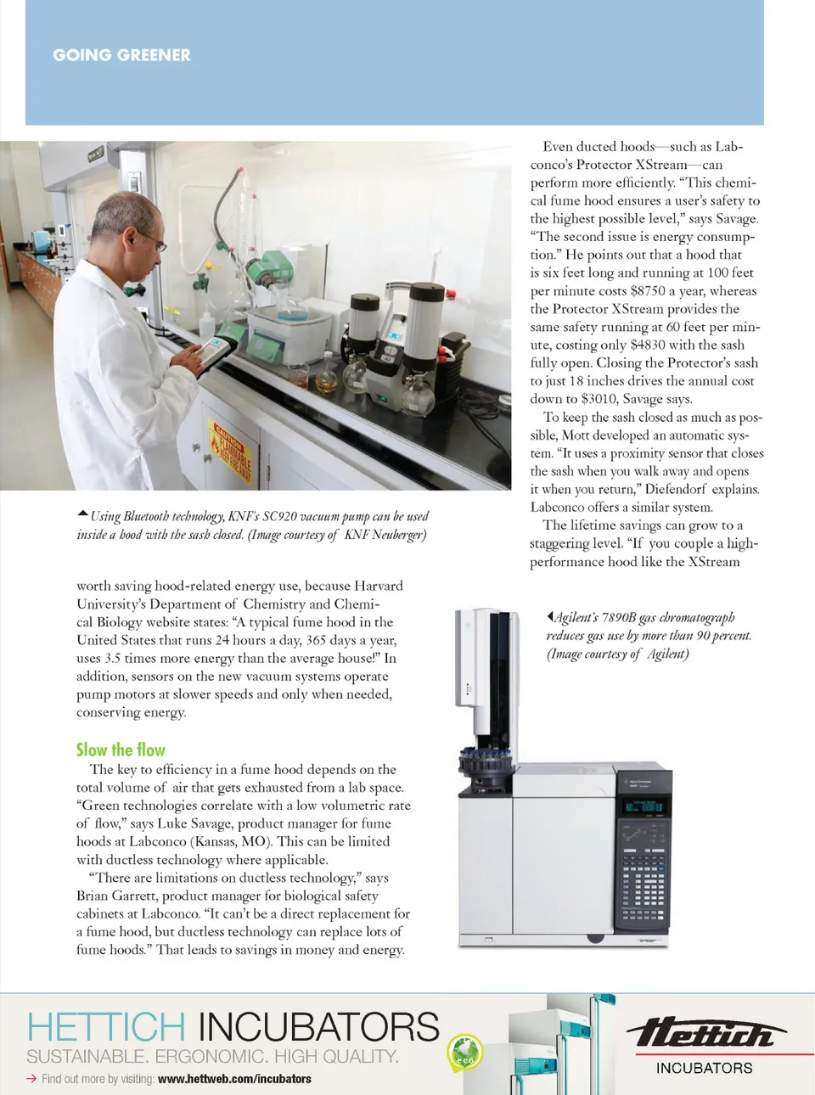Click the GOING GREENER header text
coord(121,55)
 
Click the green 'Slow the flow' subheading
coord(121,750)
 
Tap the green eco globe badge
coord(464,1053)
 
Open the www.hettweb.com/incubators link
coord(234,1079)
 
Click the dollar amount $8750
coord(648,291)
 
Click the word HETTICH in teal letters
coord(106,1027)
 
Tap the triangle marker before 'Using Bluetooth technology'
coord(82,514)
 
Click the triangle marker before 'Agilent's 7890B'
coord(550,617)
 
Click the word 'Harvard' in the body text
coord(377,586)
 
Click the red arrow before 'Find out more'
coord(31,1079)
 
